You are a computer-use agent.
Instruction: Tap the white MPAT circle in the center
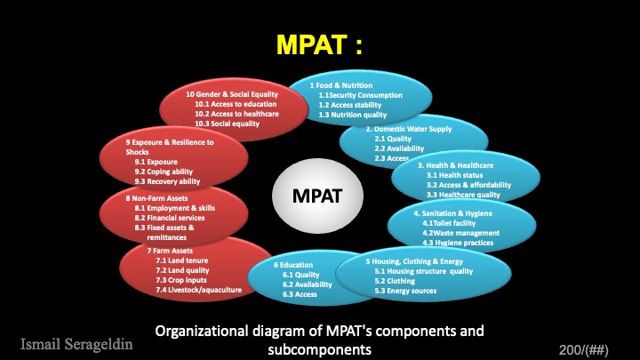(x=319, y=194)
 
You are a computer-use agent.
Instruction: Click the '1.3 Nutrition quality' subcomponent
(x=353, y=115)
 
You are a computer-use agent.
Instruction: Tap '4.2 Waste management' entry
(x=460, y=233)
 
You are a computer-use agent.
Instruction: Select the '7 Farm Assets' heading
(x=170, y=252)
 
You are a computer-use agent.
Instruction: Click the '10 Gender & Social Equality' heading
(x=231, y=94)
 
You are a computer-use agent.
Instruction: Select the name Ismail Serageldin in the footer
(x=76, y=342)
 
